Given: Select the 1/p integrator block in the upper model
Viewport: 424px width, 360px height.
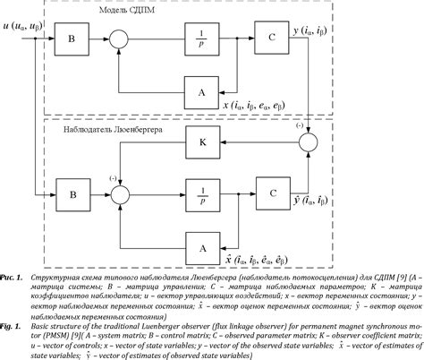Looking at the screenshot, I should coord(200,39).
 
